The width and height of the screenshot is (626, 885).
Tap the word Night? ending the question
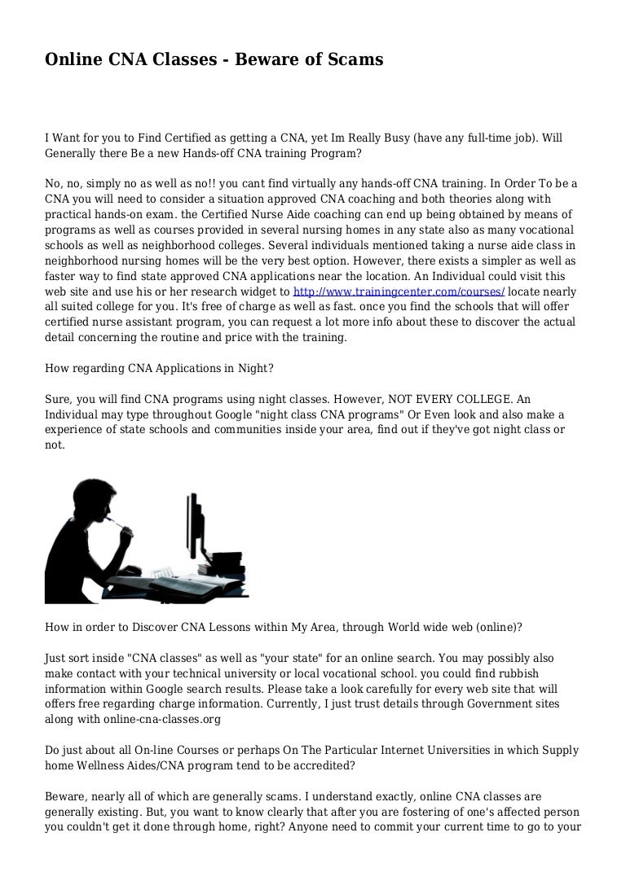point(252,368)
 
